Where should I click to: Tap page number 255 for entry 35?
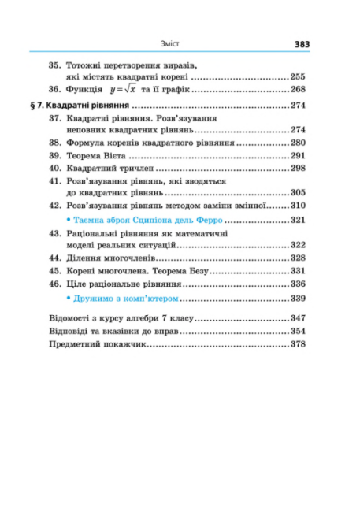298,77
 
